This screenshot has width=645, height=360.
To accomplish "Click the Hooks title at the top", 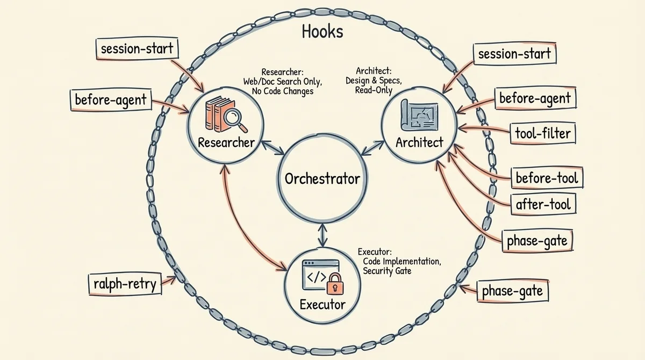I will click(x=322, y=32).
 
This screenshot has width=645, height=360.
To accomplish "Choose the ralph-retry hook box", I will click(x=124, y=284).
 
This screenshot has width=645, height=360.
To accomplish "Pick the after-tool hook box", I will click(x=543, y=205).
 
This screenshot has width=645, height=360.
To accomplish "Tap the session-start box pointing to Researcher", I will click(x=137, y=49).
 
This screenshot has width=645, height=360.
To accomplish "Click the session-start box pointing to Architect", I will click(x=514, y=54).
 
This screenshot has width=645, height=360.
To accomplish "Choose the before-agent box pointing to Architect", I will click(x=534, y=98).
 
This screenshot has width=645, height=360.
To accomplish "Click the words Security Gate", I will click(x=387, y=271).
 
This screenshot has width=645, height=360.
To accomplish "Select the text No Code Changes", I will click(x=282, y=91).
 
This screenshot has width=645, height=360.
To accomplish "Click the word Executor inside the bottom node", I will click(x=322, y=305).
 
